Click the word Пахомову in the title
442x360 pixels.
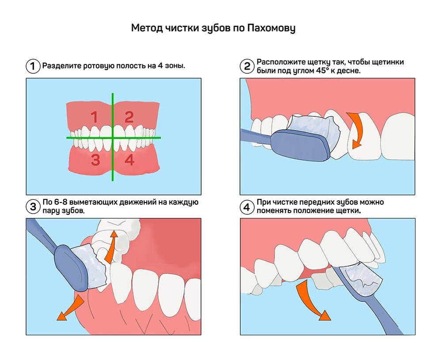[270, 29]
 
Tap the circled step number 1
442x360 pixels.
[32, 66]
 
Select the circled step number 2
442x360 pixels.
[247, 66]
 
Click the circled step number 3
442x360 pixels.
[32, 206]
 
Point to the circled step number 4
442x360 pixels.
[247, 206]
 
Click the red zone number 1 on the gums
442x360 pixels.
[94, 117]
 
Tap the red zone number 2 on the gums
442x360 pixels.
[129, 117]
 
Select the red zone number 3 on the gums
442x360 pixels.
[95, 160]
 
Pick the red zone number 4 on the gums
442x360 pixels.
[129, 160]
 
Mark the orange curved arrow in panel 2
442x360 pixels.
[356, 129]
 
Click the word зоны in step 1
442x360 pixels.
[174, 66]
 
